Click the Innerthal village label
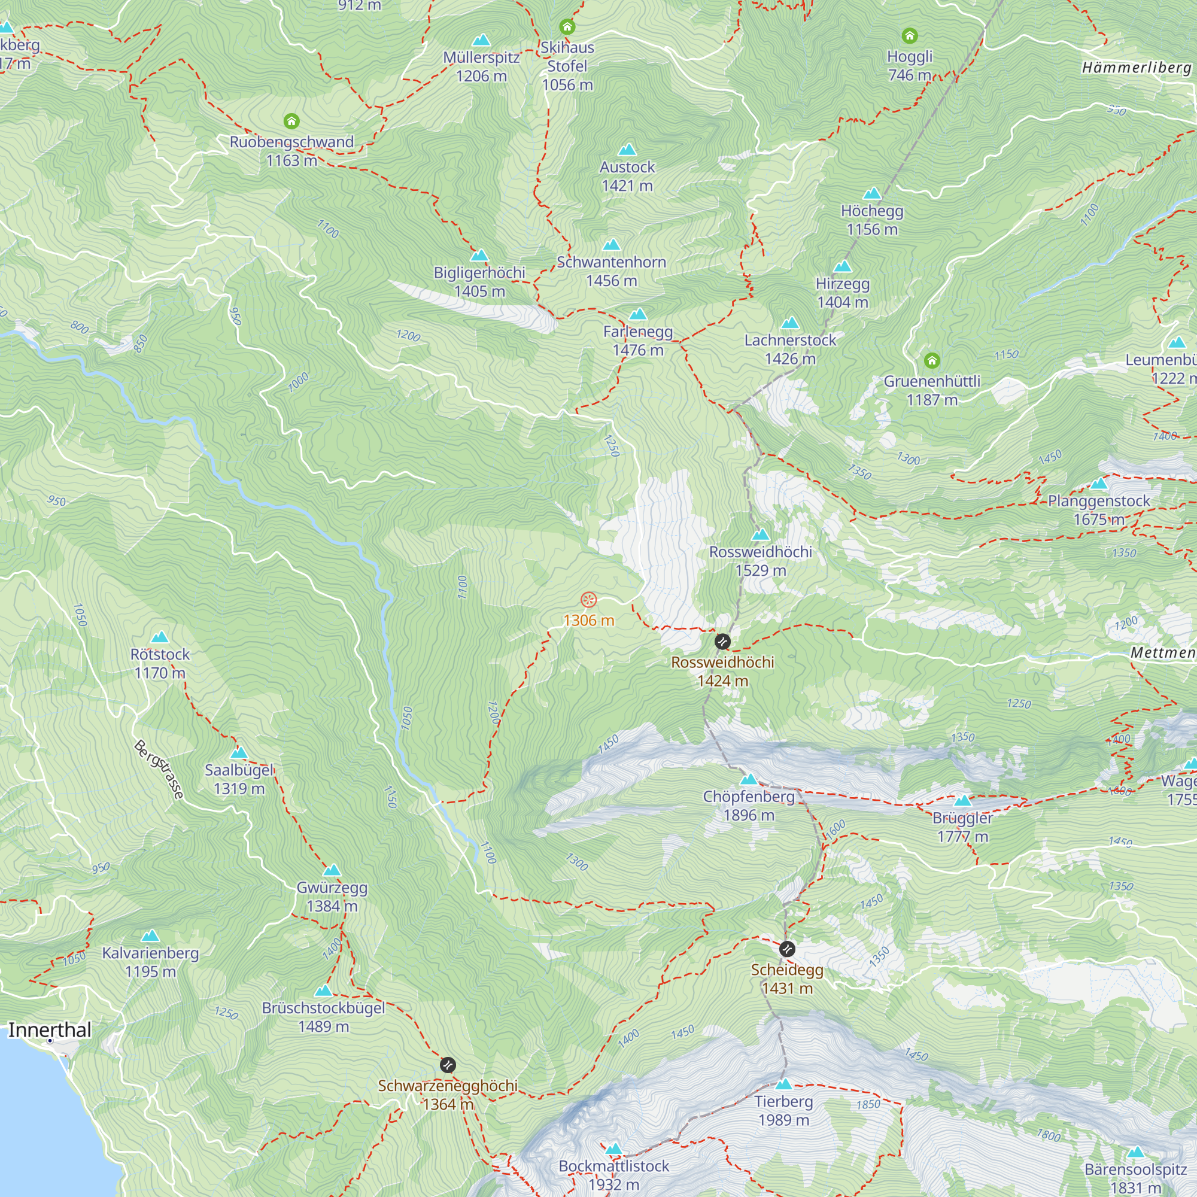point(50,1029)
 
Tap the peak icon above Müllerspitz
point(481,41)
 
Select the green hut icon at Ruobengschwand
point(291,121)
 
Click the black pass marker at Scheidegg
point(787,949)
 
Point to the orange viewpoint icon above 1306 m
point(588,600)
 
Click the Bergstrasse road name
point(159,770)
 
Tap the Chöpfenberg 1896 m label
point(749,806)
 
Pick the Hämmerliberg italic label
point(1137,68)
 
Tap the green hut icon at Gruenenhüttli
point(932,360)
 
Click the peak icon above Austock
point(627,150)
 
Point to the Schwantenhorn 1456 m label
point(612,271)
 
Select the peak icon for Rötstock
point(160,637)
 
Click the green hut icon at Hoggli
point(910,36)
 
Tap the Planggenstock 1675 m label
point(1098,510)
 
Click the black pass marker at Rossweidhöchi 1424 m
point(722,641)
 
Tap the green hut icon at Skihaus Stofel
point(567,27)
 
